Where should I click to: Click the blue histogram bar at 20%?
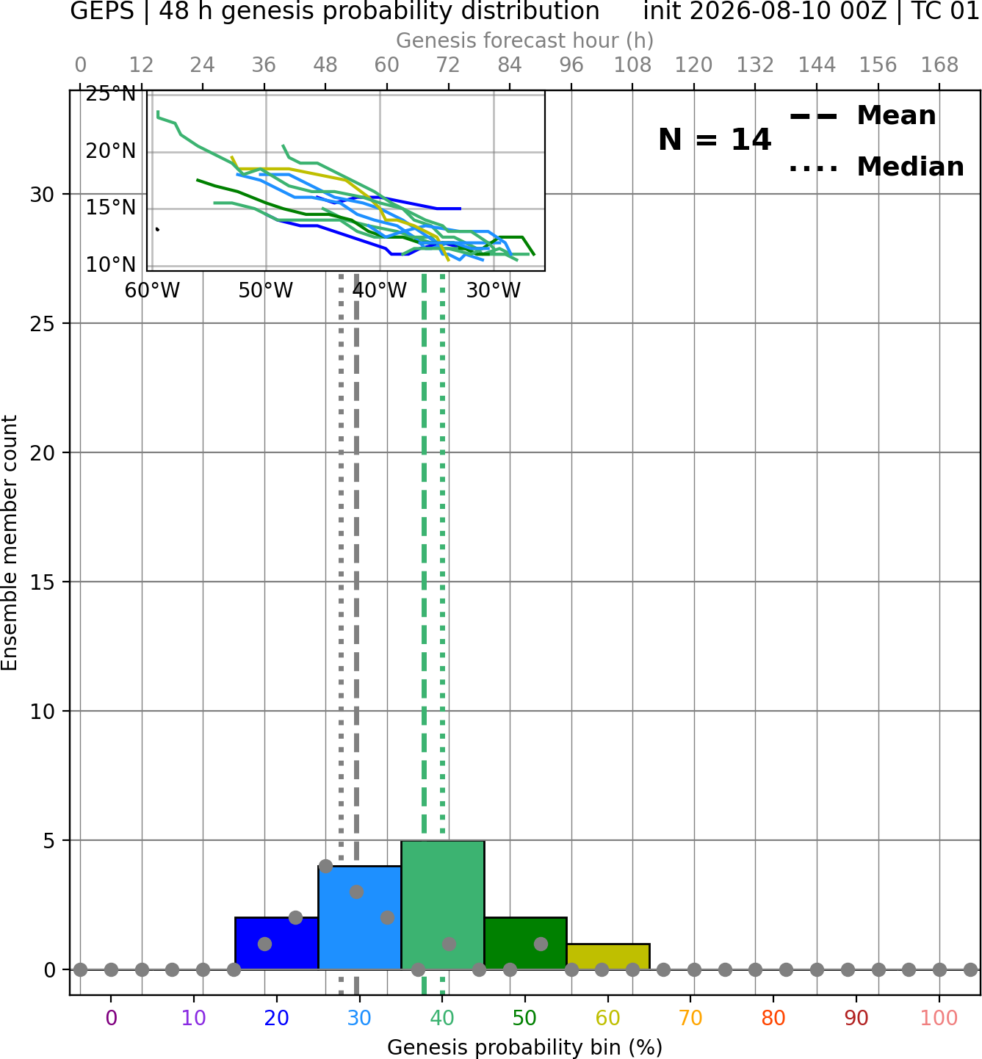tap(277, 943)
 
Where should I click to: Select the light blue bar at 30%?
tap(359, 918)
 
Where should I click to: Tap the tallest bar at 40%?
tap(443, 905)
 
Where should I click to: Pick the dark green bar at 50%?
tap(525, 943)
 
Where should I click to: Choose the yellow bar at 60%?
tap(608, 957)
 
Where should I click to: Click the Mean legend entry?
tap(862, 116)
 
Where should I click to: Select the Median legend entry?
tap(876, 167)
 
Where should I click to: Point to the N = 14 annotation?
tap(715, 140)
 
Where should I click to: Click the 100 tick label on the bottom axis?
tap(939, 1018)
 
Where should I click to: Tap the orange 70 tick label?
tap(690, 1018)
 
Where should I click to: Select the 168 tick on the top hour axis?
tap(939, 65)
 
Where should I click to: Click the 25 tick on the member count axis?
tap(43, 323)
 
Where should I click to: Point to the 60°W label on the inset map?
tap(152, 291)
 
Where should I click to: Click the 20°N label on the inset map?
tap(111, 151)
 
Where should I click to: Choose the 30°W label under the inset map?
tap(494, 291)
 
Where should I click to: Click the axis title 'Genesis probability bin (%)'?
tap(525, 1047)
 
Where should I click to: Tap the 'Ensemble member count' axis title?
tap(10, 543)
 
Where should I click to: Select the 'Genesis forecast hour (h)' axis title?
tap(525, 40)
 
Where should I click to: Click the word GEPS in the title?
tap(102, 11)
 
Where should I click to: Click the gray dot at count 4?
tap(325, 866)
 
